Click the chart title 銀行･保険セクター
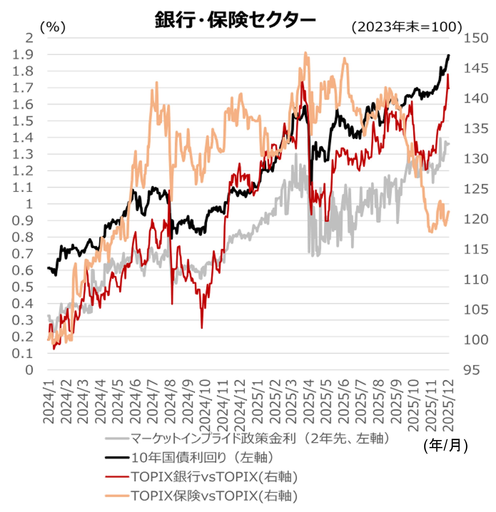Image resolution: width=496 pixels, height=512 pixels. (235, 19)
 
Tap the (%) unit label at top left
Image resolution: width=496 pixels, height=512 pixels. (53, 27)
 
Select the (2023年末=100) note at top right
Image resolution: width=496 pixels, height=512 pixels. (407, 27)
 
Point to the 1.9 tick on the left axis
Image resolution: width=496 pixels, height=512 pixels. (23, 55)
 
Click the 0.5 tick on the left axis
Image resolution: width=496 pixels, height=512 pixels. (23, 287)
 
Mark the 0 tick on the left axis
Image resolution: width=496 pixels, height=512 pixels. (29, 370)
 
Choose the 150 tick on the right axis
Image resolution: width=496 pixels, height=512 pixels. (476, 38)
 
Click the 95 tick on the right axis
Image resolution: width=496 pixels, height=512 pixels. (472, 370)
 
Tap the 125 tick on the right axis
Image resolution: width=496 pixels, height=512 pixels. (476, 189)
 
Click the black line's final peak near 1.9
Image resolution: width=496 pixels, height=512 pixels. (449, 55)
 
